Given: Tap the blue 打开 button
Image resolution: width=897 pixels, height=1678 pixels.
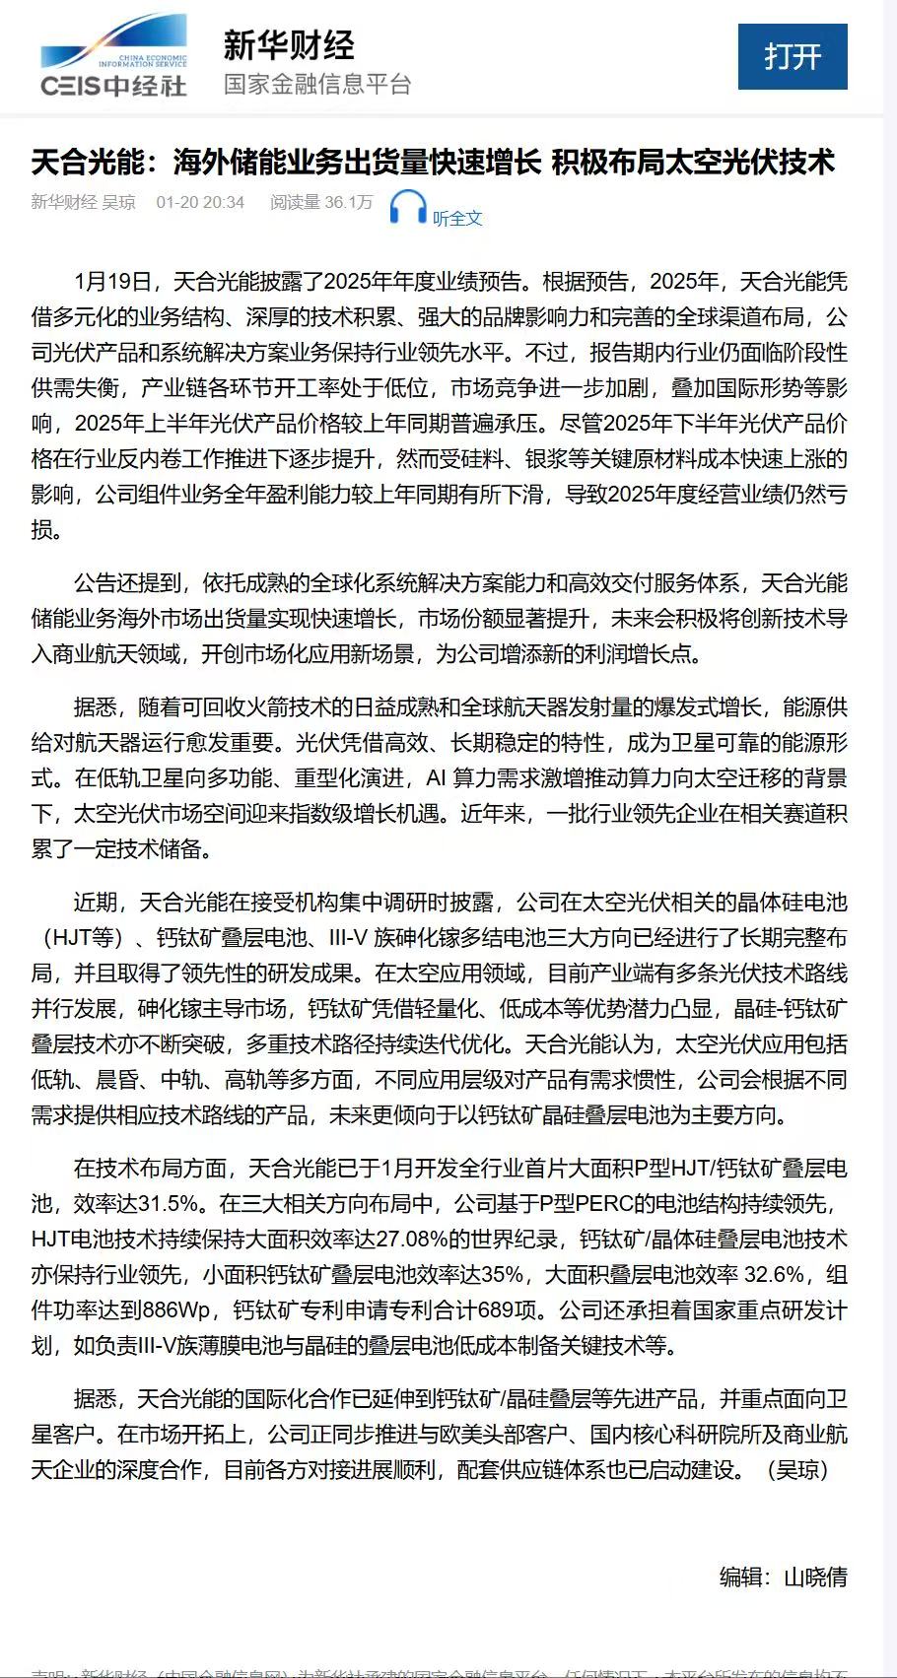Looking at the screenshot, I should pyautogui.click(x=793, y=56).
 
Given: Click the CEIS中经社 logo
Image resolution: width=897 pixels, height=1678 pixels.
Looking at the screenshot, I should pyautogui.click(x=114, y=56).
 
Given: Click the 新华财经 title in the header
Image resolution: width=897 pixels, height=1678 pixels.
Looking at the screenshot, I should pyautogui.click(x=288, y=45).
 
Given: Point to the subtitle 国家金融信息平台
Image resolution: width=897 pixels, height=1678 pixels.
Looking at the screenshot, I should pyautogui.click(x=317, y=84).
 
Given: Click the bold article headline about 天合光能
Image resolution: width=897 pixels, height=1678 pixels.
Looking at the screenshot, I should pyautogui.click(x=433, y=162).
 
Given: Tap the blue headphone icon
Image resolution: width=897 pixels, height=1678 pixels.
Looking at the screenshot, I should pyautogui.click(x=407, y=207).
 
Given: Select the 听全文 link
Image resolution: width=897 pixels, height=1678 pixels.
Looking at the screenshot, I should pyautogui.click(x=457, y=218).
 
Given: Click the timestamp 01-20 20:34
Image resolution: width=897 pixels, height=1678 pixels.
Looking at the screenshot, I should pyautogui.click(x=200, y=202).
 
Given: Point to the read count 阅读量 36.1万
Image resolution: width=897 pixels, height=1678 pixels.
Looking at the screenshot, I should pyautogui.click(x=321, y=202).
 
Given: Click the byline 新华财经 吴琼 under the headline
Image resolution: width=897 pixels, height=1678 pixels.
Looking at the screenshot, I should pyautogui.click(x=84, y=202).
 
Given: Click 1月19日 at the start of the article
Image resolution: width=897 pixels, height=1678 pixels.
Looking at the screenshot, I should pyautogui.click(x=112, y=282).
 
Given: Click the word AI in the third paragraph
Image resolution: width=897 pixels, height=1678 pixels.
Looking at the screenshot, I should pyautogui.click(x=436, y=778).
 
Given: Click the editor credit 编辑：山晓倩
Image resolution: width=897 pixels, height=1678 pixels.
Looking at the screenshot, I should pyautogui.click(x=783, y=1577).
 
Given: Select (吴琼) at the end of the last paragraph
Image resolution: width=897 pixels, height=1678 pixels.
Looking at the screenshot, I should pyautogui.click(x=796, y=1470).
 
